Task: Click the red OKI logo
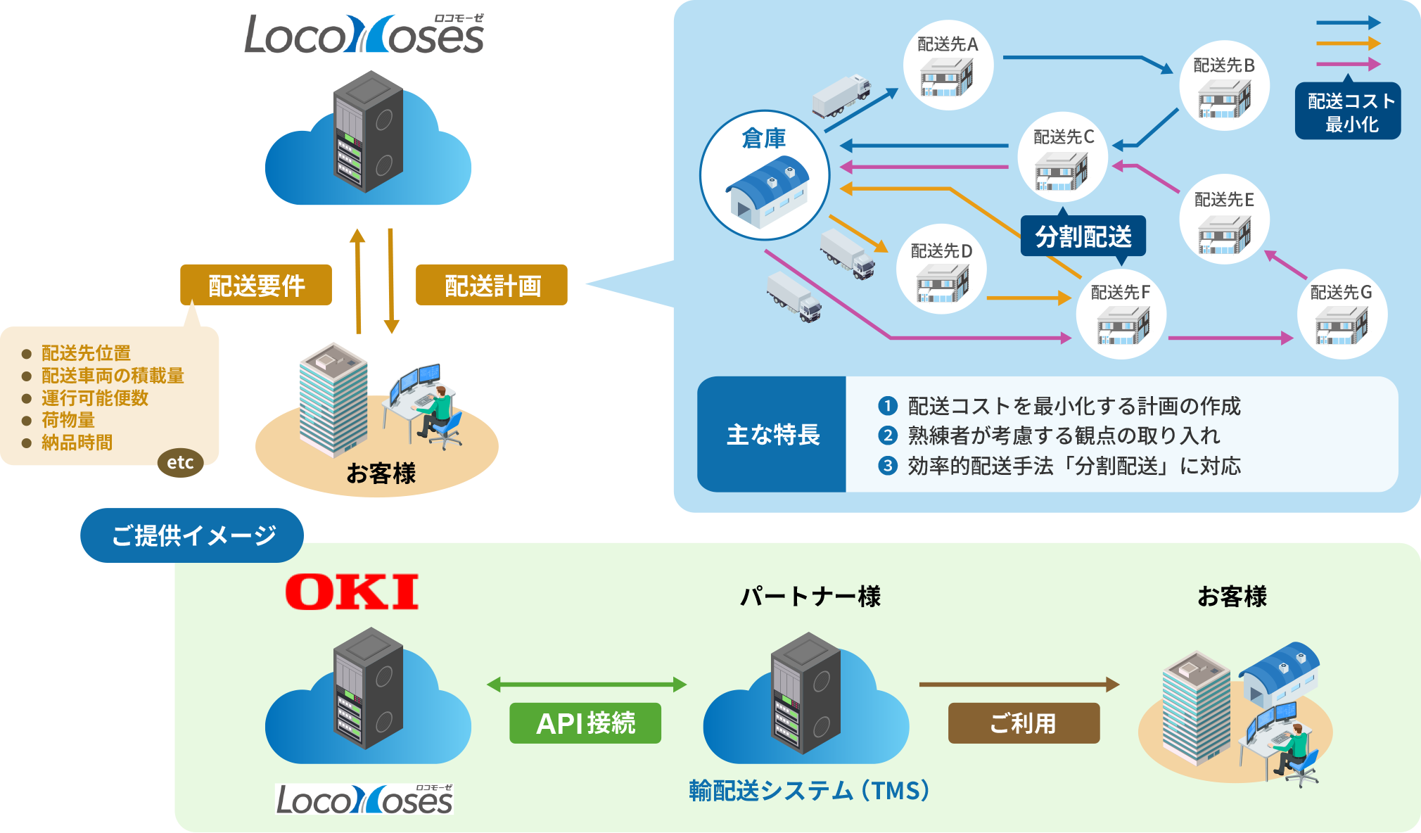click(352, 592)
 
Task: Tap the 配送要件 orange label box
click(256, 285)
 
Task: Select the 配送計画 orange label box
click(492, 285)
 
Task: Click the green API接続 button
click(585, 723)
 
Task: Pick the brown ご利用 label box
click(1024, 723)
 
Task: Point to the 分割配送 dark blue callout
click(1083, 236)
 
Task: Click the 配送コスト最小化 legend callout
click(1348, 112)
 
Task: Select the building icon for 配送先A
click(947, 76)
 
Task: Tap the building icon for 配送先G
click(1341, 324)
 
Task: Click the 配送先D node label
click(941, 251)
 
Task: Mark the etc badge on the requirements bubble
click(180, 463)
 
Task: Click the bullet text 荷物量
click(68, 420)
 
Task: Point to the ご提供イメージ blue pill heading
click(192, 535)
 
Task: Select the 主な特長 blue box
click(772, 435)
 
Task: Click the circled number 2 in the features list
click(888, 435)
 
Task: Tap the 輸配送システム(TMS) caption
click(809, 791)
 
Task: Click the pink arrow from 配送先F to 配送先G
click(1230, 338)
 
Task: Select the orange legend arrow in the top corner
click(1347, 44)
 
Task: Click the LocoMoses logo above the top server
click(364, 34)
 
